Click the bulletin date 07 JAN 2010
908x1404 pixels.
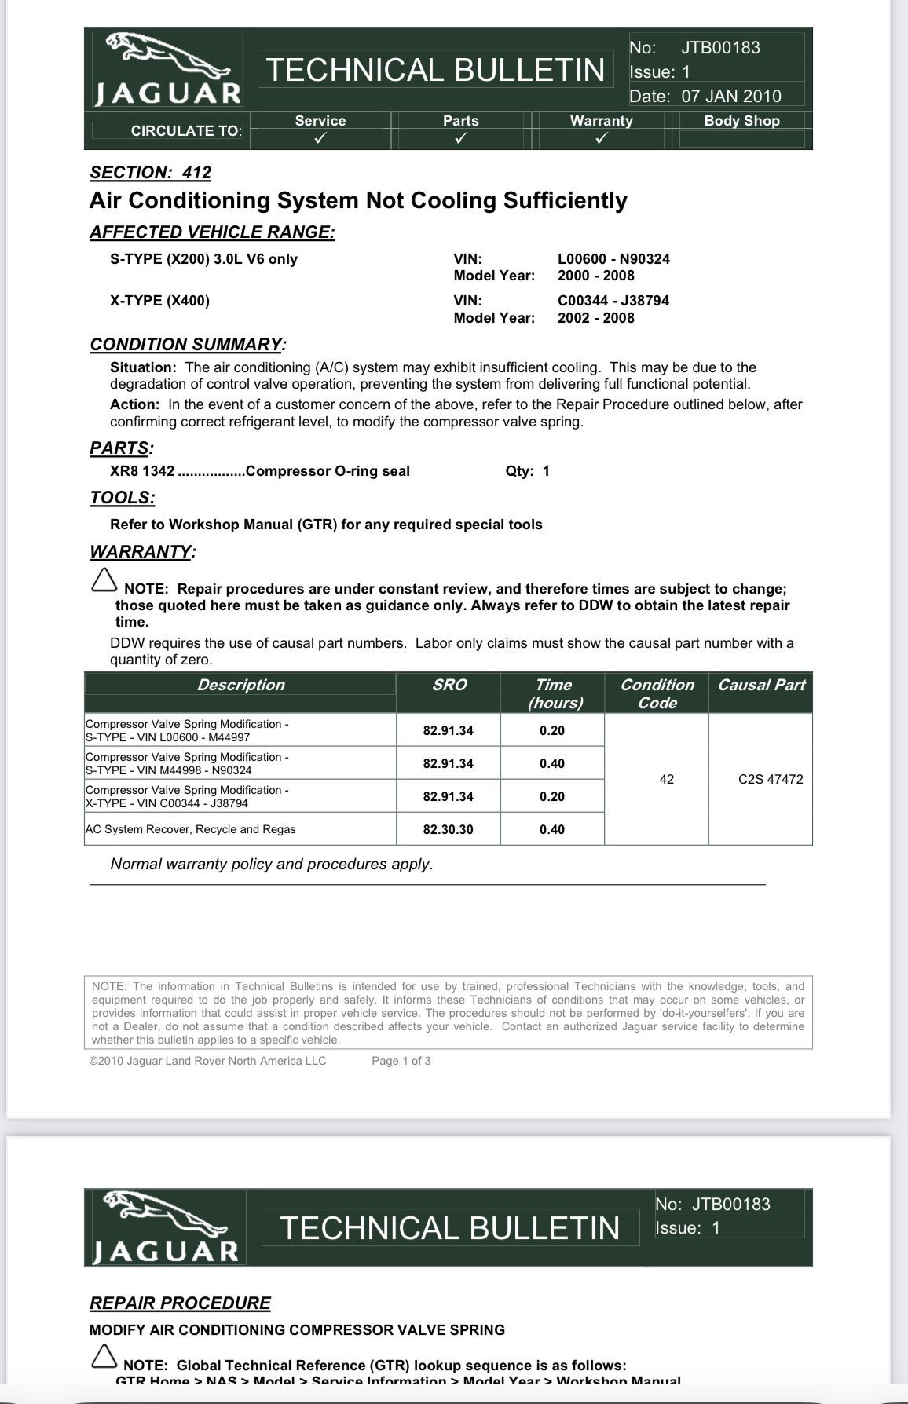(x=730, y=97)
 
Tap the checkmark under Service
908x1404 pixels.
(x=320, y=139)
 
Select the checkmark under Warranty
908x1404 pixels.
(x=601, y=139)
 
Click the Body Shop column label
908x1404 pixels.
(x=741, y=121)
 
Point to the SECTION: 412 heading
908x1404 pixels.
(x=150, y=173)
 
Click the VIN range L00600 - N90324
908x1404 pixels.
(x=613, y=259)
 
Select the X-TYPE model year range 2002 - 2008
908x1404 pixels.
(x=595, y=318)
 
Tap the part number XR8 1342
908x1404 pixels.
(x=142, y=471)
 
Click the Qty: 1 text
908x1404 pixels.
(x=527, y=471)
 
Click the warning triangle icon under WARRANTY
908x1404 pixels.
(x=103, y=580)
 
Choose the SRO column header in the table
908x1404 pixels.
(x=449, y=685)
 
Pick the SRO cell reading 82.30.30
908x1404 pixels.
(x=448, y=829)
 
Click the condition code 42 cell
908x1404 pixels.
(x=666, y=779)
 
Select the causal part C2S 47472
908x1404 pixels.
(x=771, y=779)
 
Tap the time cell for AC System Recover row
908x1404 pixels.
(x=551, y=829)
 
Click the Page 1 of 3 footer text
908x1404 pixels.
(x=401, y=1061)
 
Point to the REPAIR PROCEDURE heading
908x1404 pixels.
(x=180, y=1303)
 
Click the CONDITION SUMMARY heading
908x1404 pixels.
(x=188, y=345)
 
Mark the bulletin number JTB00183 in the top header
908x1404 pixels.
(x=720, y=47)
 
